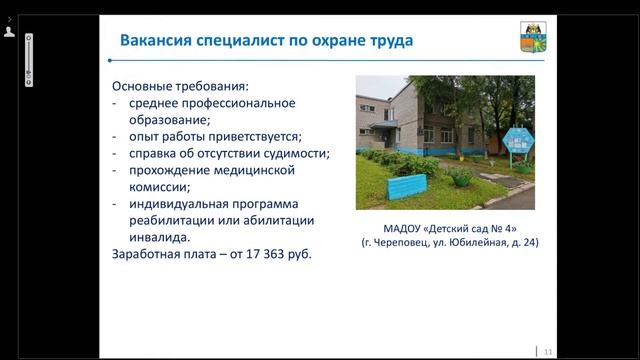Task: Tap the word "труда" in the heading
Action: (386, 41)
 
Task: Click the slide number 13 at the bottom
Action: (547, 351)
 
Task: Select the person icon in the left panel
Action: (9, 32)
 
